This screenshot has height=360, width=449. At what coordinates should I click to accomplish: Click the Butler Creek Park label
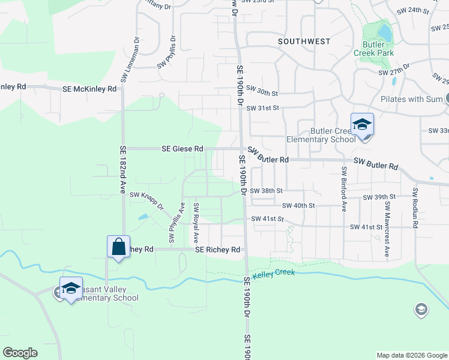click(x=378, y=49)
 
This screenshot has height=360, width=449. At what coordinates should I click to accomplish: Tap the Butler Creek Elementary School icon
click(x=363, y=125)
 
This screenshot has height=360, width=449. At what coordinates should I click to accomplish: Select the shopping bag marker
click(x=118, y=246)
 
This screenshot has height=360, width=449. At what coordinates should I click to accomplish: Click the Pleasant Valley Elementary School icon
click(x=71, y=288)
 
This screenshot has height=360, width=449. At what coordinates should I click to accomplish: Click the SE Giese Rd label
click(x=182, y=148)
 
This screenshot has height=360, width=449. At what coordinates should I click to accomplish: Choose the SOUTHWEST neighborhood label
click(x=304, y=41)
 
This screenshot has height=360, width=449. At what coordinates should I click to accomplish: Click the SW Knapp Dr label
click(x=146, y=199)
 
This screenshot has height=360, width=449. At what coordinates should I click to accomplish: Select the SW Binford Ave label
click(x=344, y=189)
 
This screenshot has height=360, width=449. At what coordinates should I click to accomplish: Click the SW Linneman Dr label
click(x=130, y=61)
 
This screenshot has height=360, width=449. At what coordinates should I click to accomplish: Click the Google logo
click(x=20, y=353)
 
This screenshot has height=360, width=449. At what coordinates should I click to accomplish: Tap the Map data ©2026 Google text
click(x=411, y=355)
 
